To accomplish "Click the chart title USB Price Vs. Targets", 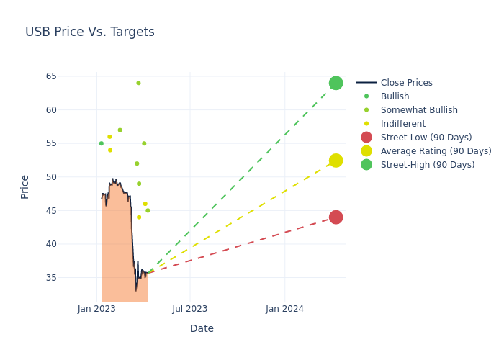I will click(x=90, y=32).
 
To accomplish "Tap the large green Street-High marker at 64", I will click(x=336, y=83).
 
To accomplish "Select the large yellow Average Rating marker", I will click(x=336, y=161).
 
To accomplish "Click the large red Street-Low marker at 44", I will click(x=336, y=217).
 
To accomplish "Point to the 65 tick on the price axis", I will click(x=52, y=76).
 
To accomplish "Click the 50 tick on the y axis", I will click(x=52, y=177).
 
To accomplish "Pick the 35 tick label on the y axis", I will click(x=52, y=278).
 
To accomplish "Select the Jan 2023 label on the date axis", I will click(x=97, y=309).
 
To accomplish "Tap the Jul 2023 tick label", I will click(x=190, y=309).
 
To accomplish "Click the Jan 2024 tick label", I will click(x=284, y=309).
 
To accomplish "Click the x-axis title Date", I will click(x=202, y=328).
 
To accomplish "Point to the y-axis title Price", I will click(x=25, y=186).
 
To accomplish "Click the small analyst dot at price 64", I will click(x=138, y=83).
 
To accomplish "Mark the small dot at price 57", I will click(x=120, y=130).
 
